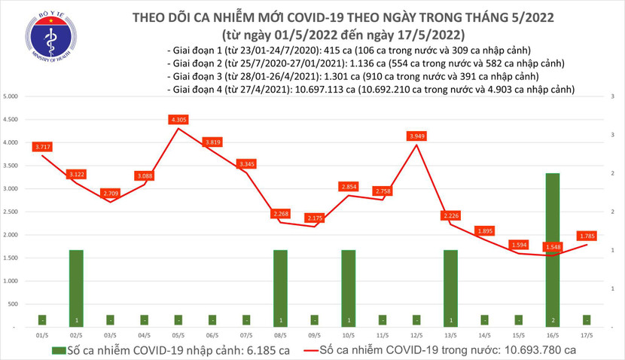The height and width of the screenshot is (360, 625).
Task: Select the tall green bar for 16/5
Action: click(x=553, y=249)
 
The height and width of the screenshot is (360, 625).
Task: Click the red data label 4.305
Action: click(x=178, y=120)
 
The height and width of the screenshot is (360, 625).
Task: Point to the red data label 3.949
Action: click(x=416, y=136)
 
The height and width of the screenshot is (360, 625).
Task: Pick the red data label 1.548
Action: click(x=553, y=246)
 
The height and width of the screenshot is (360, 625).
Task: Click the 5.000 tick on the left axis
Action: click(x=11, y=97)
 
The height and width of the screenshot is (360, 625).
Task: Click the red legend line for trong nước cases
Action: click(x=303, y=350)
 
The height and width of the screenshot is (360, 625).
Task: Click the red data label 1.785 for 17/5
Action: click(x=587, y=235)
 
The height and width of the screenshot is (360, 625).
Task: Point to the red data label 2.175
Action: click(x=314, y=218)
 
